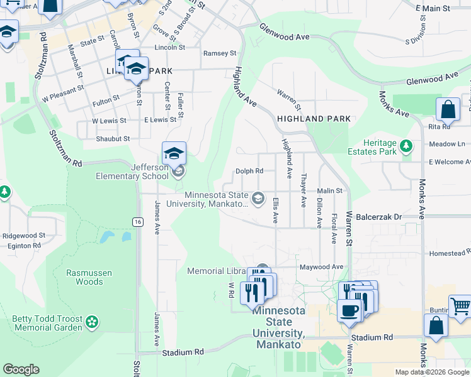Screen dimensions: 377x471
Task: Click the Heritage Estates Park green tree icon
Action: tap(406, 146)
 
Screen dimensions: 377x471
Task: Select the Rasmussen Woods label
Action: tap(84, 277)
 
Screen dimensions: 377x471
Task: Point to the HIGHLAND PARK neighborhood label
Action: tap(313, 118)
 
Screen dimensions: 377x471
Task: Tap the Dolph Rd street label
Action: tap(249, 171)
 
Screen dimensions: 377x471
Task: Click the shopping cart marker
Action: tap(460, 306)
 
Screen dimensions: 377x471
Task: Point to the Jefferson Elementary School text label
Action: tap(132, 172)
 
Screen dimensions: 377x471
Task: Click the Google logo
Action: tap(21, 369)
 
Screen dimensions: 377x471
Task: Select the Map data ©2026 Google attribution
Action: tap(432, 372)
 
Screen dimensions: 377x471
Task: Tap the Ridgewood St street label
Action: tap(24, 236)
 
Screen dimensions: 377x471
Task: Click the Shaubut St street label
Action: tap(113, 138)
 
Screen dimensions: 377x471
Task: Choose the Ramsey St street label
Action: tap(219, 53)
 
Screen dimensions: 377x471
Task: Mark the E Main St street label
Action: tap(433, 9)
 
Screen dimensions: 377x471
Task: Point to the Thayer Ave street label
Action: tap(304, 191)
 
